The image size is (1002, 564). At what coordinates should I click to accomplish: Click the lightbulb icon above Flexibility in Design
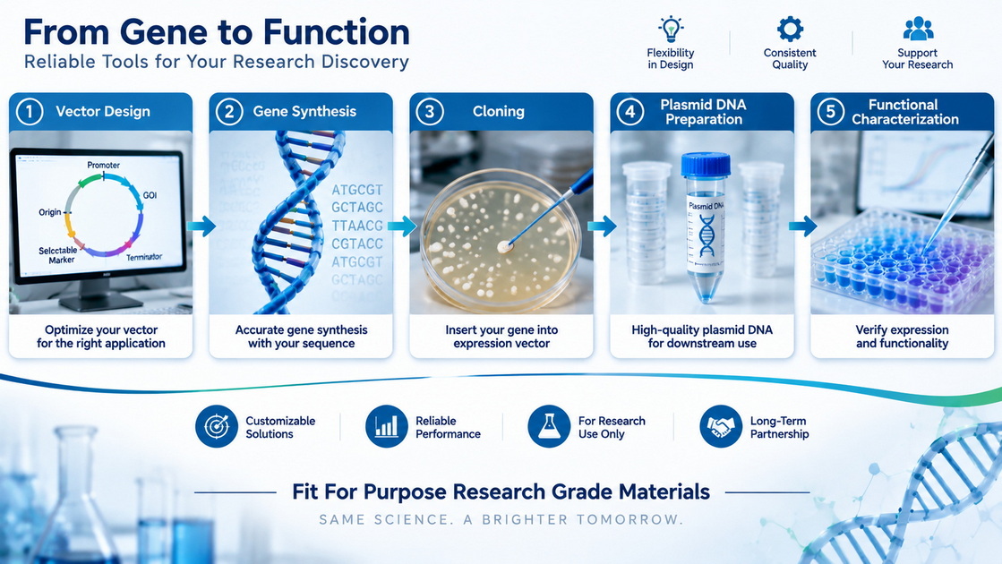tap(671, 30)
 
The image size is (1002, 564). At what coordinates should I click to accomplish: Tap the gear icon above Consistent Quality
tap(790, 30)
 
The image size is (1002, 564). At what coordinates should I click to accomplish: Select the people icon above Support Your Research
tap(919, 29)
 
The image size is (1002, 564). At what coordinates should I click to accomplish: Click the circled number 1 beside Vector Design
tap(30, 112)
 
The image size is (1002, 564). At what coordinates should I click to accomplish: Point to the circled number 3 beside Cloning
tap(430, 112)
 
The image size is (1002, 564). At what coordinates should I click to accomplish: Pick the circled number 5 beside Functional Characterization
tap(830, 112)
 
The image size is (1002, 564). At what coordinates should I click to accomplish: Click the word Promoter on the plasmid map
tap(104, 165)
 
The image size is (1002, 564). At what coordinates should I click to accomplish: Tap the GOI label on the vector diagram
tap(150, 195)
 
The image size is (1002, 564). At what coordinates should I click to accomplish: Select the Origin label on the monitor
tap(50, 212)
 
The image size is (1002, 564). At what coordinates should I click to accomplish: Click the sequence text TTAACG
tap(357, 226)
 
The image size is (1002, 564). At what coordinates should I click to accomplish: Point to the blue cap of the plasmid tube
tap(706, 164)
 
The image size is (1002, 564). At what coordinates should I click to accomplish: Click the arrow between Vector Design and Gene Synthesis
tap(201, 226)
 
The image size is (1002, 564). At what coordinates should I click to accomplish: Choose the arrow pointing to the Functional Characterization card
tap(802, 226)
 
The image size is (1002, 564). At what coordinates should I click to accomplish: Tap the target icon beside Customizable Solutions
tap(217, 426)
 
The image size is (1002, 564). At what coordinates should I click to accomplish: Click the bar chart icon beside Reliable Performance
tap(387, 426)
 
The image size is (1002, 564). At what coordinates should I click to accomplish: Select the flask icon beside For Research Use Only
tap(549, 426)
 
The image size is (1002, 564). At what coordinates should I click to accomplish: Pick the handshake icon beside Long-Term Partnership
tap(721, 426)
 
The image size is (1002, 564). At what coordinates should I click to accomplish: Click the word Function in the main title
tap(336, 32)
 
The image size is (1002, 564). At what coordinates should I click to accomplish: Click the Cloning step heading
tap(499, 111)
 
